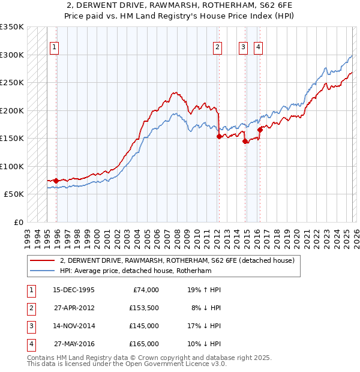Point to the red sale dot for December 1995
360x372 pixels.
[56, 181]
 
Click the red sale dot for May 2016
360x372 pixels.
[260, 130]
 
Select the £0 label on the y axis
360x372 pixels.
[17, 222]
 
